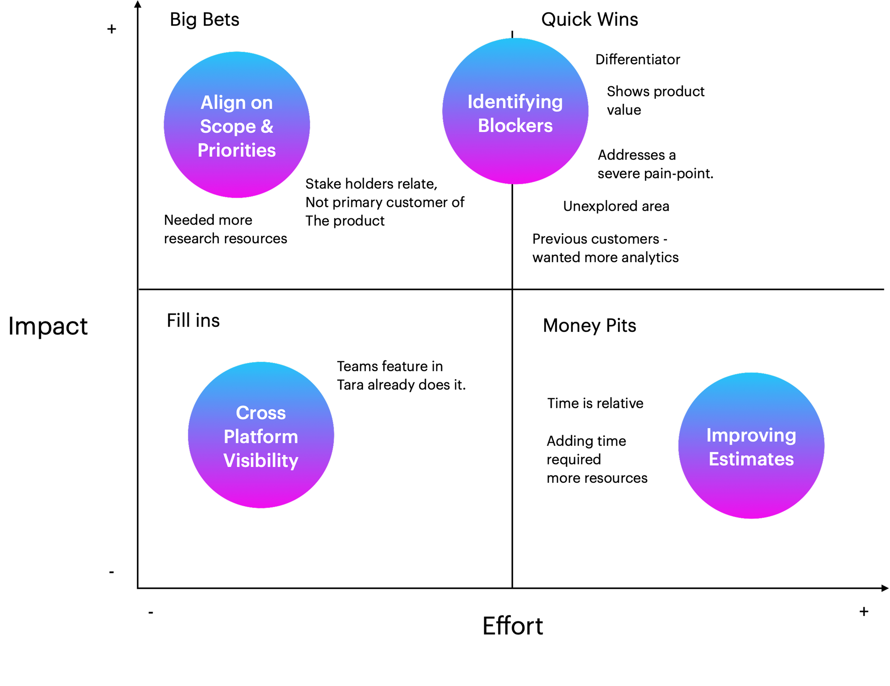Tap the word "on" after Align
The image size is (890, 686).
(x=262, y=103)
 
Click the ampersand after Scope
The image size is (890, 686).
(x=267, y=127)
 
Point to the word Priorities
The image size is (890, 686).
(x=237, y=150)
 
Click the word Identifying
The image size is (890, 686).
(x=515, y=102)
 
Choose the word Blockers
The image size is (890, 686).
(x=515, y=125)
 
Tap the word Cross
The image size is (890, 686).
(x=261, y=413)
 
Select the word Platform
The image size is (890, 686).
(x=261, y=437)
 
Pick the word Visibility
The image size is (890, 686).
(x=261, y=460)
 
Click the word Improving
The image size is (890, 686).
(x=751, y=435)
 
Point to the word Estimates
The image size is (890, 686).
(x=751, y=459)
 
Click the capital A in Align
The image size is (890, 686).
(x=207, y=103)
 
